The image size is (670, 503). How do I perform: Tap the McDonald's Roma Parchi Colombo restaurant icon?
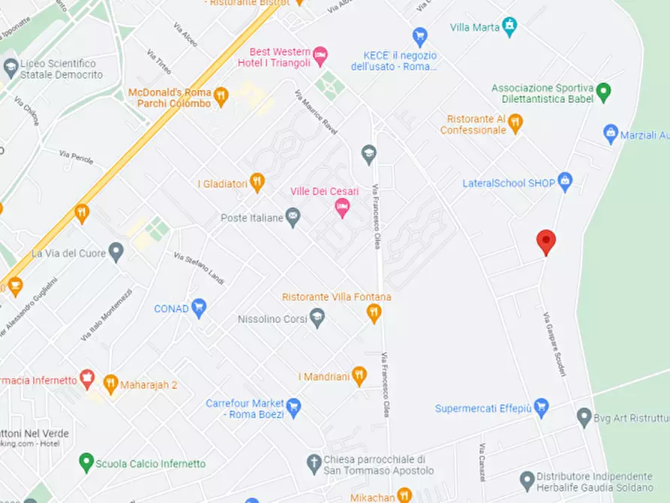tap(221, 95)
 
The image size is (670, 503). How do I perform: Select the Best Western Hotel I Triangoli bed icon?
tap(320, 54)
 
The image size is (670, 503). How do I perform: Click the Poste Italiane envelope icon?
tap(293, 218)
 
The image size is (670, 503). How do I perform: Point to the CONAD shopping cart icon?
tap(199, 307)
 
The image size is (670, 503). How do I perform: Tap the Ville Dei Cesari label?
tap(324, 191)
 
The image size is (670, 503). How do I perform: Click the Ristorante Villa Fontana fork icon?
tap(374, 313)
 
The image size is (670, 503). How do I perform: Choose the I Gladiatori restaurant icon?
tap(257, 182)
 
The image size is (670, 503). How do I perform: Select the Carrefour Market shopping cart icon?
tap(293, 407)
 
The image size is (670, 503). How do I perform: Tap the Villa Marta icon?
tap(509, 27)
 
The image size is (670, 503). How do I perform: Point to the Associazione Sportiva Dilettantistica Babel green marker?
tap(604, 94)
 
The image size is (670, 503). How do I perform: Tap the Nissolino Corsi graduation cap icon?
tap(317, 318)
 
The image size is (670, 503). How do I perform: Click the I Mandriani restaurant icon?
tap(359, 375)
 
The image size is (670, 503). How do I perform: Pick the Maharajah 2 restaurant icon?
tap(110, 384)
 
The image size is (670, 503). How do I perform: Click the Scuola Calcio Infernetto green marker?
tap(86, 462)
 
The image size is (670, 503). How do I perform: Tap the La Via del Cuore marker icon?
tap(116, 251)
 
